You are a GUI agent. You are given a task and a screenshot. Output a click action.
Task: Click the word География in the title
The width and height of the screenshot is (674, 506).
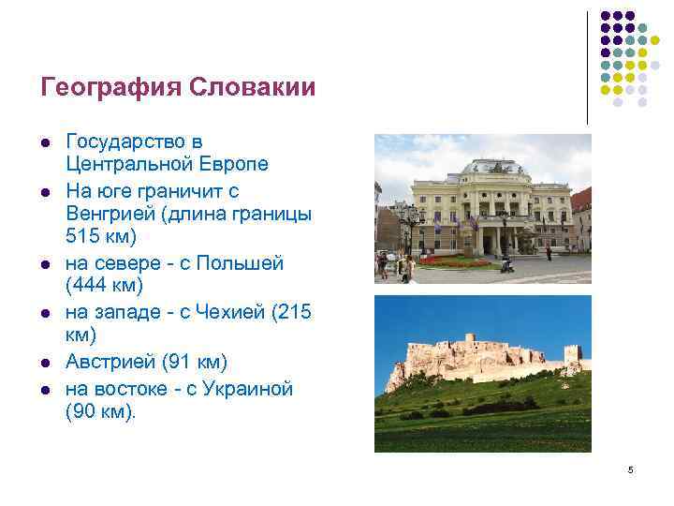(x=110, y=88)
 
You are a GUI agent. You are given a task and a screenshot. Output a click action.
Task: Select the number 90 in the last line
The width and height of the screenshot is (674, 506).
(x=84, y=410)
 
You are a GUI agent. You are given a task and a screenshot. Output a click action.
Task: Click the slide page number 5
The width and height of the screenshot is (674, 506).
(x=631, y=469)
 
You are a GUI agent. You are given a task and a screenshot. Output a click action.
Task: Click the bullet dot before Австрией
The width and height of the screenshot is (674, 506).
(x=44, y=363)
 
